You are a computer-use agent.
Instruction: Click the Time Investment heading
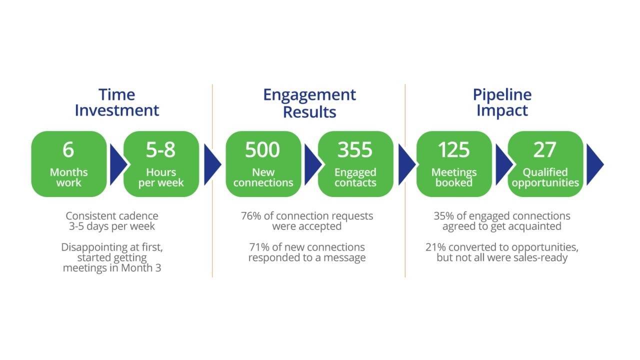116,102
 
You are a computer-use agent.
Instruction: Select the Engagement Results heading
309,102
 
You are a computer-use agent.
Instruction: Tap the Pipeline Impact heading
502,102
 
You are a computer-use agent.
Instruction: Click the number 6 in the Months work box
68,150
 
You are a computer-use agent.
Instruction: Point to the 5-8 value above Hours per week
160,150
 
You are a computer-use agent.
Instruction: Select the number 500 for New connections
262,150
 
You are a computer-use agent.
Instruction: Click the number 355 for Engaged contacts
355,150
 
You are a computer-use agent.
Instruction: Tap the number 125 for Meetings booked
453,150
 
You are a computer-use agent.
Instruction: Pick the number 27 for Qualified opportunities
544,150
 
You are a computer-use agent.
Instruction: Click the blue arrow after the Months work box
117,164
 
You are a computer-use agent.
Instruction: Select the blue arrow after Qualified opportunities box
593,164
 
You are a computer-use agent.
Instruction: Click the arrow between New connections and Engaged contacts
311,164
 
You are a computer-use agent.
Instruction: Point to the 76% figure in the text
250,216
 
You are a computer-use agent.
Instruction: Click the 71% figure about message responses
258,247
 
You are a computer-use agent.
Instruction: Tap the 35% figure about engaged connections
443,216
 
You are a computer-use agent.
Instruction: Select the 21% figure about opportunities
435,247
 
